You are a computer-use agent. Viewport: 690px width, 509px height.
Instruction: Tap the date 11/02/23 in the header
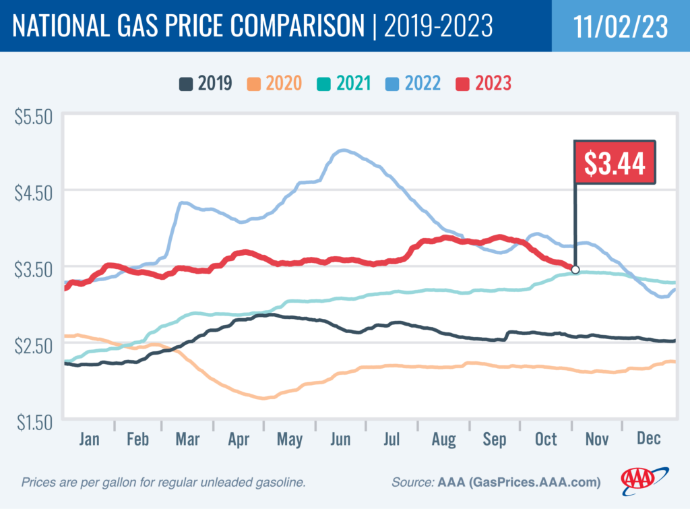[621, 26]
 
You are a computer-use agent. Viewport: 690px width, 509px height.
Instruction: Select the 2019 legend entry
[206, 84]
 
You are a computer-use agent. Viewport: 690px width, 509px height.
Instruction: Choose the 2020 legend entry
[276, 84]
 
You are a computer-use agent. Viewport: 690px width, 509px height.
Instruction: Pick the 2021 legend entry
[345, 84]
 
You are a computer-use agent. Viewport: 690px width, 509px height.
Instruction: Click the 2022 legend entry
[414, 84]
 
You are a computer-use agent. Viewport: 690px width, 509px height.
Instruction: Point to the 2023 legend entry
[484, 84]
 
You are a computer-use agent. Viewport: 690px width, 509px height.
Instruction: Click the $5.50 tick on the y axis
[34, 117]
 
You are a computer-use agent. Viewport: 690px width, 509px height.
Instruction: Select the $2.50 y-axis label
[34, 346]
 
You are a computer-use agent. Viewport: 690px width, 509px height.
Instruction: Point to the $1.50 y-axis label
[34, 423]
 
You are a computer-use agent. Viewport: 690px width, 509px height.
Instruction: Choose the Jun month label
[341, 439]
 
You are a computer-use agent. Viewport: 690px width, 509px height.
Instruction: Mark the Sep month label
[495, 439]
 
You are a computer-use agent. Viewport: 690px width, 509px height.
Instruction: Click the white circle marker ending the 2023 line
[575, 270]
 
